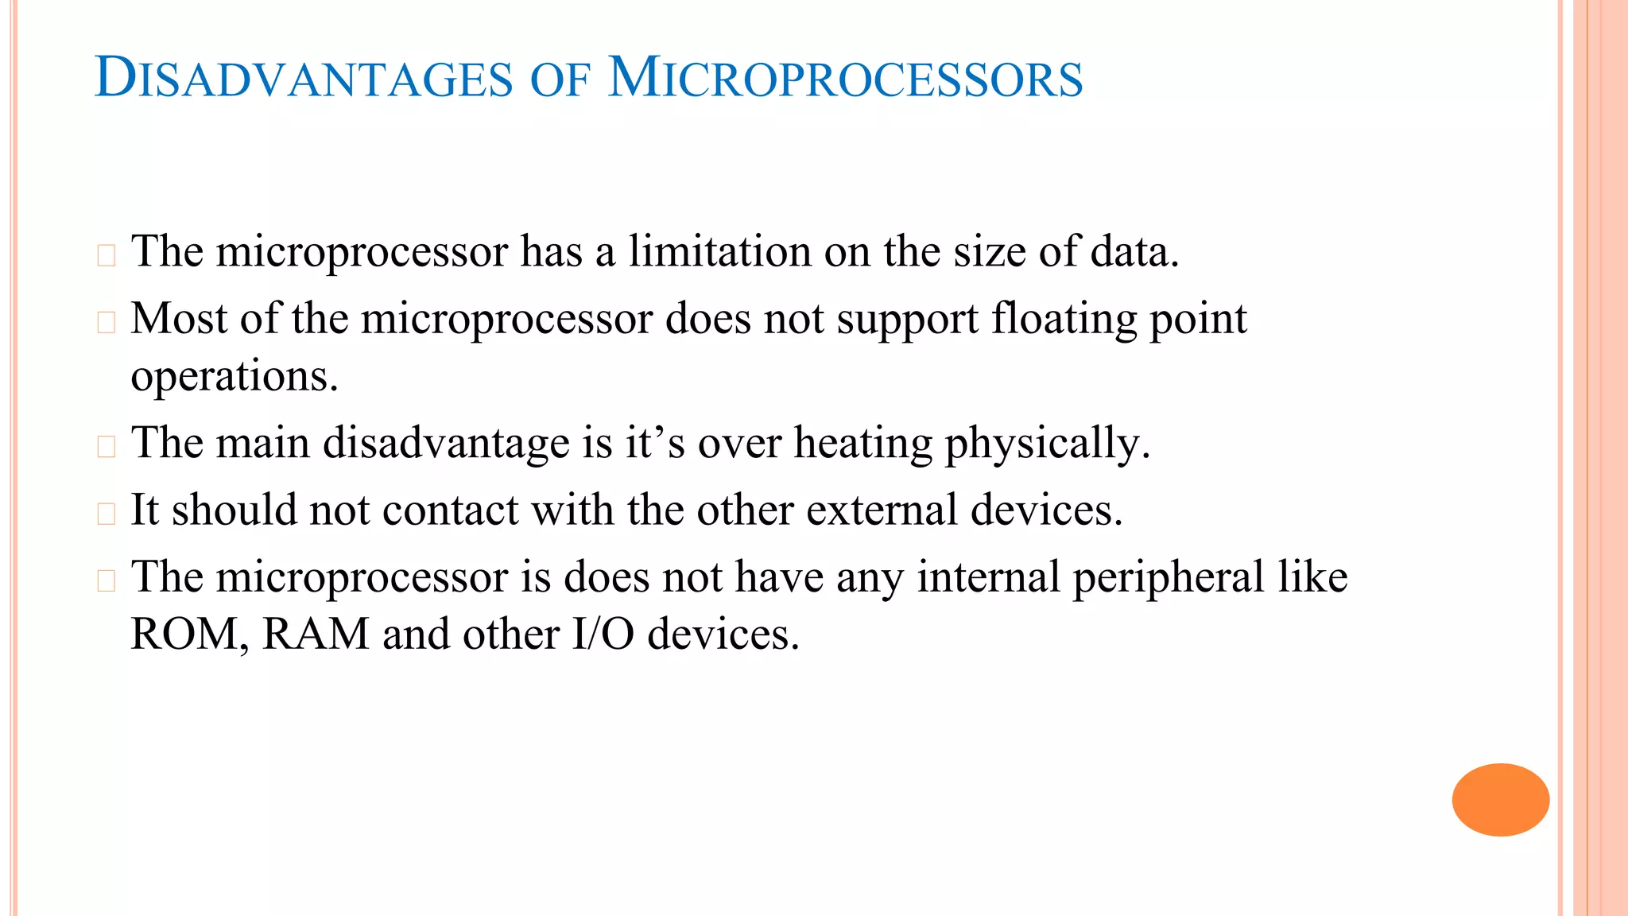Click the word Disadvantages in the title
point(304,80)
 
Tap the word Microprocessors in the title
point(845,80)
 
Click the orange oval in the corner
point(1500,799)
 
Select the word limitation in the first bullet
point(719,251)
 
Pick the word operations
point(235,377)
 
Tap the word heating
point(863,444)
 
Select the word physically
point(1047,444)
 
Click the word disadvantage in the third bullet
point(446,443)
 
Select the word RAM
point(316,635)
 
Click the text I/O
point(603,635)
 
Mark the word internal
point(988,577)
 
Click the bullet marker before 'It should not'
point(107,514)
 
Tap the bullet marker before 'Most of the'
point(107,322)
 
